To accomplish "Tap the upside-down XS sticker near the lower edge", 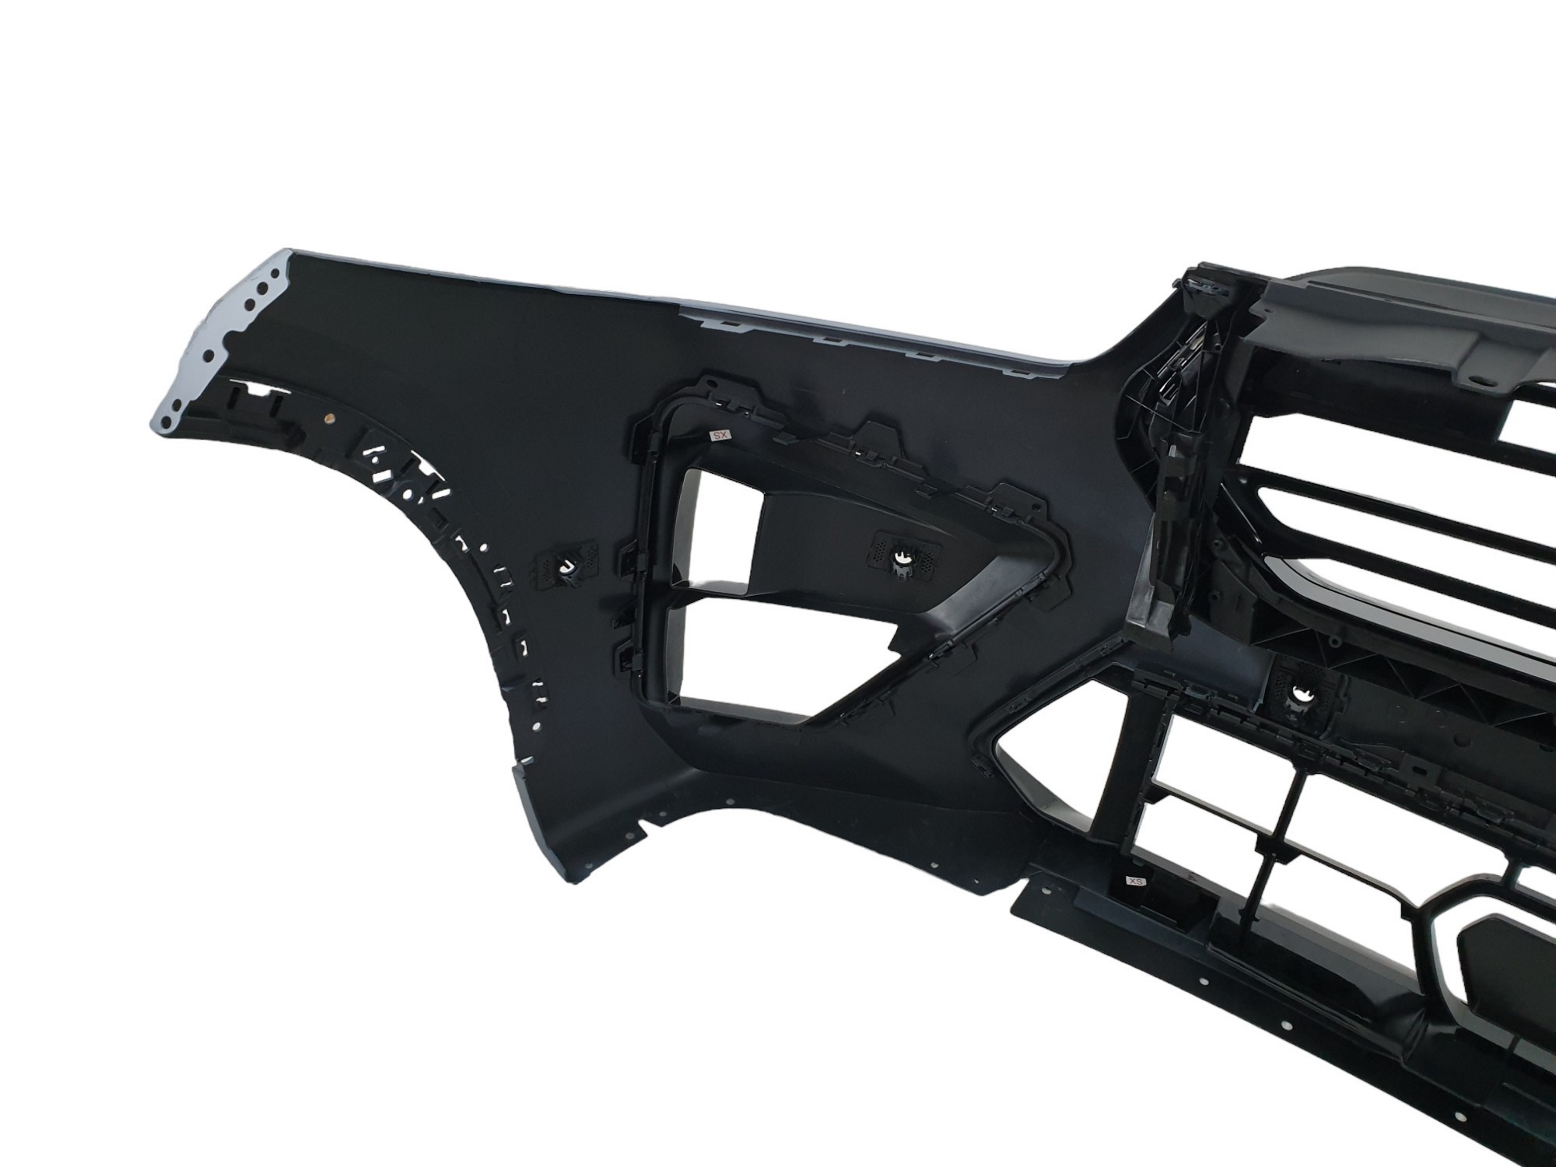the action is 1136,880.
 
